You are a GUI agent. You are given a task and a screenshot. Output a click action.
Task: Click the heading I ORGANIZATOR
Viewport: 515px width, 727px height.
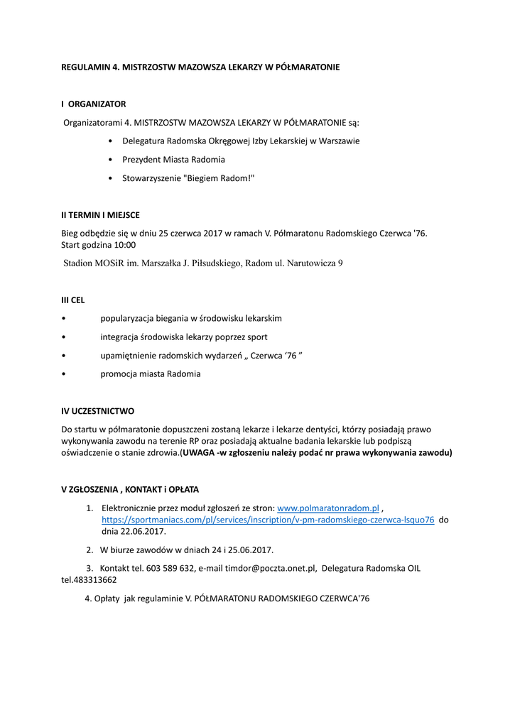click(93, 104)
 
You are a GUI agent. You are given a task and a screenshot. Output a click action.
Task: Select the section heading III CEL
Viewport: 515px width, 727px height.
click(72, 300)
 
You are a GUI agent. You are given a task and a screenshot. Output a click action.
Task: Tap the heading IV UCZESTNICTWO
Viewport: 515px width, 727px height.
click(97, 411)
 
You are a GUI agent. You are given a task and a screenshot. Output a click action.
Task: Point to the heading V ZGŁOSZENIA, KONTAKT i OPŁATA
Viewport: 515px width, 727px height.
click(130, 489)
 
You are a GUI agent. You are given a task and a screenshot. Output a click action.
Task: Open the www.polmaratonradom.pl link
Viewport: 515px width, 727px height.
click(327, 508)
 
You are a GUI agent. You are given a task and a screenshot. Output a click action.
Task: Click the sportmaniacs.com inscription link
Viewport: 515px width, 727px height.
click(268, 520)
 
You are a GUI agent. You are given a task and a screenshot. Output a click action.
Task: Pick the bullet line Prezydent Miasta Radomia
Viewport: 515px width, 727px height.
click(173, 159)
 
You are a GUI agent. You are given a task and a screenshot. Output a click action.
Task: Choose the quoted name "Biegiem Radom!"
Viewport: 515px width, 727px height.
click(219, 178)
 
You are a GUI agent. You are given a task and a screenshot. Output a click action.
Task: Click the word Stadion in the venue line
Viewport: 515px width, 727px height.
click(78, 263)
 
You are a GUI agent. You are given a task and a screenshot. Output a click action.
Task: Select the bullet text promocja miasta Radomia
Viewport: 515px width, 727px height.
click(151, 373)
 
